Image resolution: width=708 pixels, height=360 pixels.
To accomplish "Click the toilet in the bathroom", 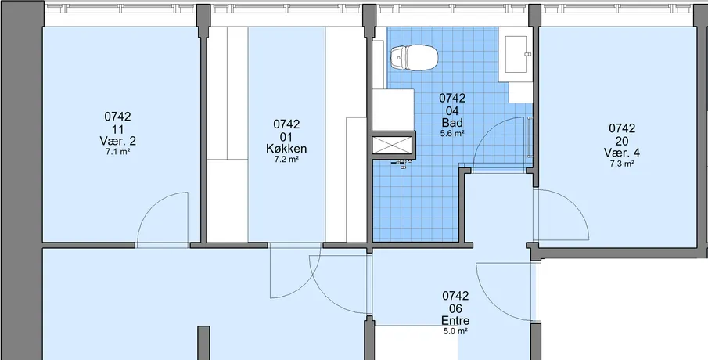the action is click(415, 57).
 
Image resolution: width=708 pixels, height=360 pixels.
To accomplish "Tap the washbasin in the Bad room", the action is click(516, 54).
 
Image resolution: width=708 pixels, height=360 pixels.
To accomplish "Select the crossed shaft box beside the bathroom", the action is click(393, 145).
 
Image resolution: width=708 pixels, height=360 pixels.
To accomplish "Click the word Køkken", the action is click(286, 149).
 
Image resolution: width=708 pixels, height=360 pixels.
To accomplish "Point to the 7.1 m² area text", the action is click(118, 153).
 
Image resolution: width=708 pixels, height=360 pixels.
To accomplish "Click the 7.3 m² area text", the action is click(622, 164).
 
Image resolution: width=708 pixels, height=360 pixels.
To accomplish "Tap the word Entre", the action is click(455, 321).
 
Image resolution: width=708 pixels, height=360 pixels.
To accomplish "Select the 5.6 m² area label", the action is click(452, 133).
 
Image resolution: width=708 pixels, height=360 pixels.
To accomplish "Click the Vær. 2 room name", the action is click(118, 141).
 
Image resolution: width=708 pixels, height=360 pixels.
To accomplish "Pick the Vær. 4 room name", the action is click(622, 153).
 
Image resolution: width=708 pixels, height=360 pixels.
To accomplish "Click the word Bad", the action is click(452, 122).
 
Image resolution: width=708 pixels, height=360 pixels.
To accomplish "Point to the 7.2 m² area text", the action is click(286, 160).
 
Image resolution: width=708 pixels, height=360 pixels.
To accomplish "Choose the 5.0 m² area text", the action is click(455, 331).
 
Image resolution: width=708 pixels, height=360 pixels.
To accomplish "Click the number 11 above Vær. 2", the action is click(118, 129).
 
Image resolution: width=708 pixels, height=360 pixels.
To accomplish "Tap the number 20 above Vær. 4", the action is click(622, 140).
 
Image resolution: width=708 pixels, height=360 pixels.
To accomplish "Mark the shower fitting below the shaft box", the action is click(402, 164).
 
